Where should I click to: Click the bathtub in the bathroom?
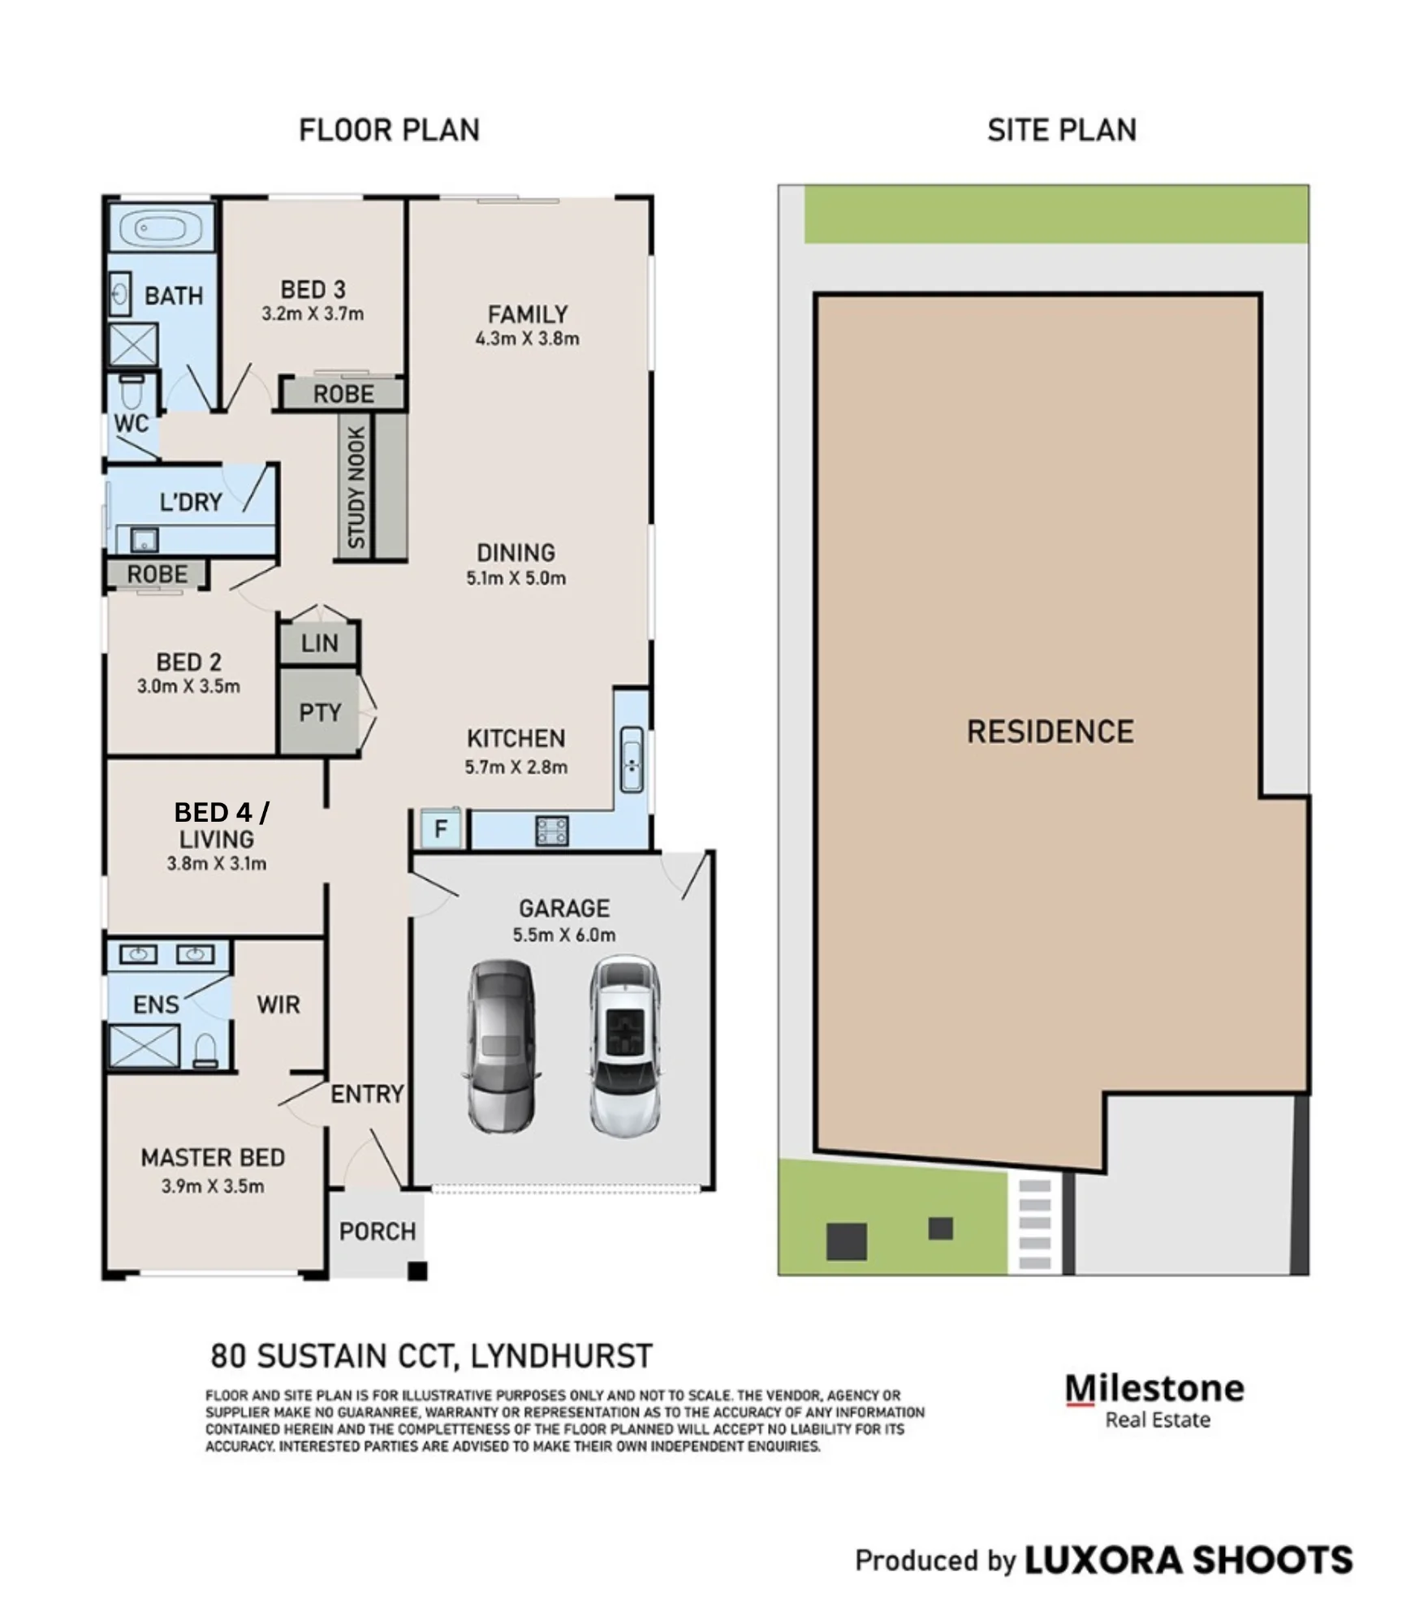click(161, 228)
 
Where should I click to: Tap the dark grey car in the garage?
click(500, 1046)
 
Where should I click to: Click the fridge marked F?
click(441, 828)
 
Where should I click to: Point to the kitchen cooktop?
click(551, 830)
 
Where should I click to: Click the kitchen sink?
click(632, 759)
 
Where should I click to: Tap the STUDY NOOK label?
click(356, 487)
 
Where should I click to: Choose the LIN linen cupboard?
click(319, 643)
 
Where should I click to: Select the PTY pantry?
click(319, 712)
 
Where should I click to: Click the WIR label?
click(278, 1004)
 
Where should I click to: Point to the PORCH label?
click(377, 1231)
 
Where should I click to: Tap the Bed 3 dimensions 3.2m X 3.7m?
click(313, 313)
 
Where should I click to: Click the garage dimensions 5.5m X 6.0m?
click(564, 935)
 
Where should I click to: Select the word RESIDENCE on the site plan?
click(1050, 732)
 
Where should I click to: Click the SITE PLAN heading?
click(1062, 130)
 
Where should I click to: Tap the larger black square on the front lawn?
click(846, 1242)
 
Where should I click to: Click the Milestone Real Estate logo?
click(1154, 1401)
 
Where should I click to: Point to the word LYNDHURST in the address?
click(562, 1356)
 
